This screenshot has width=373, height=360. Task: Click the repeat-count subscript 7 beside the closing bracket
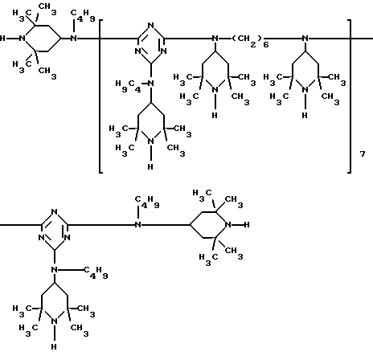point(363,153)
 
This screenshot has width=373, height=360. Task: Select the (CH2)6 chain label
point(250,41)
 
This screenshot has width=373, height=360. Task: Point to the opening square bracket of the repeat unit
point(100,96)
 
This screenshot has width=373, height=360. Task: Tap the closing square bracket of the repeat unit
point(350,96)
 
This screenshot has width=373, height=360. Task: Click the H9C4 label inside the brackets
point(128,86)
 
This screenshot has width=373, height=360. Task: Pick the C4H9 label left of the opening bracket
point(83,15)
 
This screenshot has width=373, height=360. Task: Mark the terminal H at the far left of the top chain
point(2,39)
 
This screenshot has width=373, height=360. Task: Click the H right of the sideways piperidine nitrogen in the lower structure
point(247,224)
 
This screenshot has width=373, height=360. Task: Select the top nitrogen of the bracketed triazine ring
point(151,26)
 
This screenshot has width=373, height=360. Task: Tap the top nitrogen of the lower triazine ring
point(55,212)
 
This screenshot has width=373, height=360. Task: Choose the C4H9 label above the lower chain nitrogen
point(147,202)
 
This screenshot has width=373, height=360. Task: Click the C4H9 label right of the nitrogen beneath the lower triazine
point(96,272)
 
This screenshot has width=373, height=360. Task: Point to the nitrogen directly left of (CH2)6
point(215,39)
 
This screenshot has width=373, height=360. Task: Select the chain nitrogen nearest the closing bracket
point(305,39)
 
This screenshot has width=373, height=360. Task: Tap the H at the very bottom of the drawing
point(54,346)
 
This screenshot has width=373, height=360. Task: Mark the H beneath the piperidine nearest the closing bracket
point(305,115)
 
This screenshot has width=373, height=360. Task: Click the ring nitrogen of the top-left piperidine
point(23,39)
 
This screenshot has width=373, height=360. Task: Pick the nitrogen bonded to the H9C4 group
point(151,84)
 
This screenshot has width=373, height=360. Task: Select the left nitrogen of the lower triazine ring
point(42,237)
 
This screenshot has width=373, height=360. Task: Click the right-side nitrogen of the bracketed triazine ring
point(164,51)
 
